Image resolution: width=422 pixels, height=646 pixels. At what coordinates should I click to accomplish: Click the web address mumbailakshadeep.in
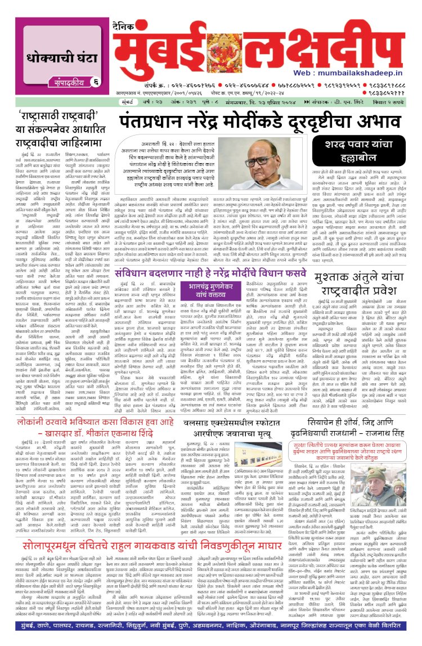pos(368,73)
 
